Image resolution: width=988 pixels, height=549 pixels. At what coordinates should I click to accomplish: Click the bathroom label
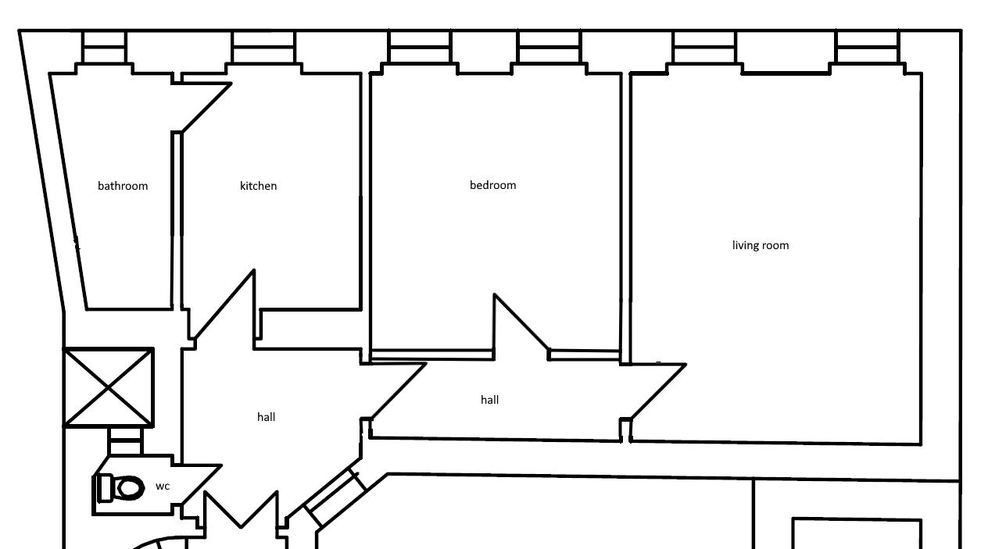pyautogui.click(x=123, y=186)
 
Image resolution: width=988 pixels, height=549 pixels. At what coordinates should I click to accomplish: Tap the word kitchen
pyautogui.click(x=259, y=186)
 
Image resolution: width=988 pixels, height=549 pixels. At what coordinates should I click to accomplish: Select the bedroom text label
pyautogui.click(x=492, y=185)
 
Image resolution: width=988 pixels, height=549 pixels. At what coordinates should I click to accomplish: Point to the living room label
pyautogui.click(x=761, y=245)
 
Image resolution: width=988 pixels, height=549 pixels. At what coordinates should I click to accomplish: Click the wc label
pyautogui.click(x=163, y=487)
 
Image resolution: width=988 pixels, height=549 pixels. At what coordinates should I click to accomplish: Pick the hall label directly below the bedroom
pyautogui.click(x=489, y=400)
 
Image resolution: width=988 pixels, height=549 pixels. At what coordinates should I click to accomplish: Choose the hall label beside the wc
pyautogui.click(x=266, y=417)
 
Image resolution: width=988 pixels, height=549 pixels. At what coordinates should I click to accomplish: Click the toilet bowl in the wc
pyautogui.click(x=130, y=488)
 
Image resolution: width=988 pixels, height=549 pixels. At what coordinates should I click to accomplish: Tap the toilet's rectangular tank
pyautogui.click(x=106, y=488)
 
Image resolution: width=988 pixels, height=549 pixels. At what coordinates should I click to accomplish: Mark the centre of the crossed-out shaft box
pyautogui.click(x=109, y=388)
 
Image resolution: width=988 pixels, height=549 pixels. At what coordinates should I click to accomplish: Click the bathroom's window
pyautogui.click(x=104, y=47)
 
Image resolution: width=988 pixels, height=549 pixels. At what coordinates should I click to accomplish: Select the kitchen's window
pyautogui.click(x=263, y=47)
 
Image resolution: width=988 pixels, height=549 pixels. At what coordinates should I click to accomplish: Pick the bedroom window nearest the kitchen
pyautogui.click(x=420, y=47)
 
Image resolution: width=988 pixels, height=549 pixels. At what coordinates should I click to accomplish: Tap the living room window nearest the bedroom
pyautogui.click(x=705, y=47)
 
